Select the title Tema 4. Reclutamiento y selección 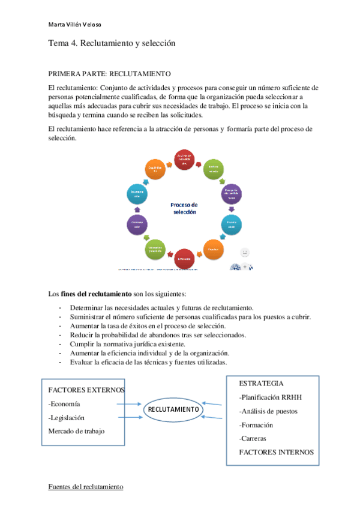pyautogui.click(x=111, y=44)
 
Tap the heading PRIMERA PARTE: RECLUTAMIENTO pyautogui.click(x=109, y=74)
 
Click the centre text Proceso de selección pyautogui.click(x=185, y=208)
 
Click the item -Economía pyautogui.click(x=65, y=403)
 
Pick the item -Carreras pyautogui.click(x=253, y=438)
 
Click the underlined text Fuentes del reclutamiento pyautogui.click(x=86, y=486)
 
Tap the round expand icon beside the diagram pyautogui.click(x=245, y=253)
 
